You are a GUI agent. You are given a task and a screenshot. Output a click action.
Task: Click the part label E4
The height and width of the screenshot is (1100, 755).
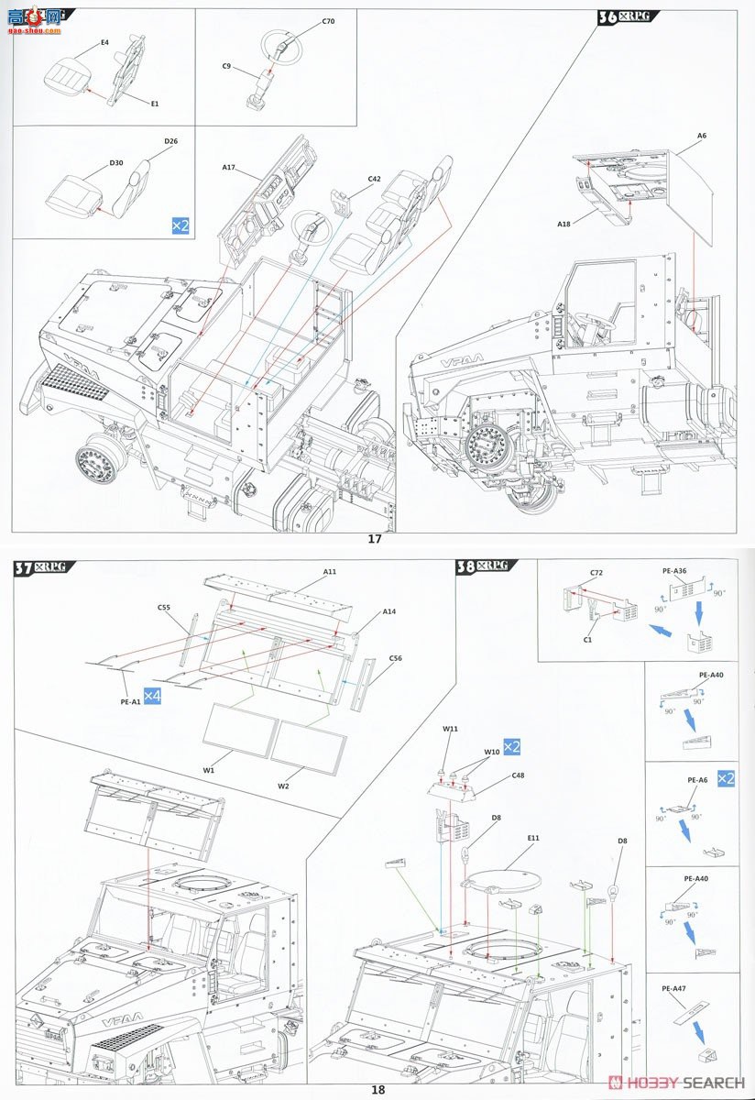click(x=104, y=42)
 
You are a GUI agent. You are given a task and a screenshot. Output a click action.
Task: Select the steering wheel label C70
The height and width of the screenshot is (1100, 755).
click(x=328, y=20)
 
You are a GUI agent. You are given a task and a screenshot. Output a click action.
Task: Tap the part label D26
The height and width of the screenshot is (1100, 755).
click(x=170, y=140)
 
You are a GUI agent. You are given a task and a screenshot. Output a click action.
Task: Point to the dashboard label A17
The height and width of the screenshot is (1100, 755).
click(x=229, y=167)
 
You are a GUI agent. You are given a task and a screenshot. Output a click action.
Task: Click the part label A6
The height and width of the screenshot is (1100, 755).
click(x=702, y=136)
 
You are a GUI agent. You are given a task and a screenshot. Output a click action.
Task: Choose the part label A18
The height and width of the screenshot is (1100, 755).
click(x=564, y=224)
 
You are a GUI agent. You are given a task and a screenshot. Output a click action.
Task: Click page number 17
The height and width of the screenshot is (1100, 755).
click(x=375, y=539)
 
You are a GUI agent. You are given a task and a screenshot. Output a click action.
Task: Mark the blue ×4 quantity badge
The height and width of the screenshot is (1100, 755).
click(x=152, y=697)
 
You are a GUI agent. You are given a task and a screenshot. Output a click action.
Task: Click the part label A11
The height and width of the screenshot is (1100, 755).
click(x=330, y=571)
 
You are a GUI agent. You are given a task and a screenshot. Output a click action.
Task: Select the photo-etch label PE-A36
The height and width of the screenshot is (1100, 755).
click(x=673, y=570)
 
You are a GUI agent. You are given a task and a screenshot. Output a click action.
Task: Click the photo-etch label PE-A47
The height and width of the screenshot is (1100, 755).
click(x=673, y=989)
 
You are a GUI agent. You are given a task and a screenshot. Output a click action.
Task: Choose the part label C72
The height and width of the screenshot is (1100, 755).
click(x=596, y=572)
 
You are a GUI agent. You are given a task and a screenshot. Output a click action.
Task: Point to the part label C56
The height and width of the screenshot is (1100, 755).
click(x=396, y=657)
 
